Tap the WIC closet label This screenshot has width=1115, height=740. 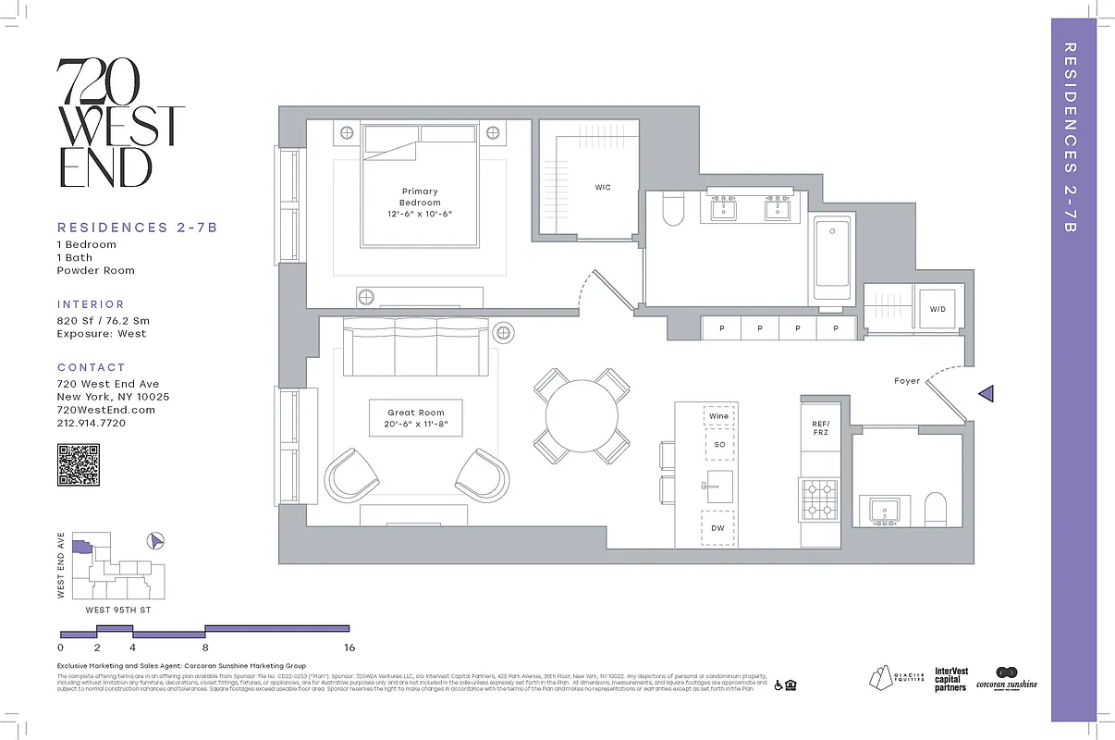coord(603,188)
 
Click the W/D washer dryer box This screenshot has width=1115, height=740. coord(937,309)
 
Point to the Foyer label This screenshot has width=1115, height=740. coord(907,381)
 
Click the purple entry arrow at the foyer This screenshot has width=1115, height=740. coord(986,394)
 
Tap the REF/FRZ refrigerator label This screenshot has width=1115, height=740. coord(820,426)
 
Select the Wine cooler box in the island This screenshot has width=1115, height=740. coord(718,416)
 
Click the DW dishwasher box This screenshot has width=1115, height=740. coord(718,528)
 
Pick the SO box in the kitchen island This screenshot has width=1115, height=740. coord(718,445)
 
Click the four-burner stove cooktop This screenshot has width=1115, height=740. coord(819,499)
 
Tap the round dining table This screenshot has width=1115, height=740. coord(582,416)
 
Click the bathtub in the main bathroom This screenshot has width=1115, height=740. coord(832,258)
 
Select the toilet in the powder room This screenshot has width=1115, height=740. coord(937,510)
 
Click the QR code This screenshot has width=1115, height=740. coord(79,464)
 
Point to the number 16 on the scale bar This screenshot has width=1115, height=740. coord(349,647)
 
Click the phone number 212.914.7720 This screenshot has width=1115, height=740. coord(91,423)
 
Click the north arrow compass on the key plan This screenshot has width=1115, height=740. coord(155,540)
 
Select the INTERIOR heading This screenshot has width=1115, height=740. coord(91,304)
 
